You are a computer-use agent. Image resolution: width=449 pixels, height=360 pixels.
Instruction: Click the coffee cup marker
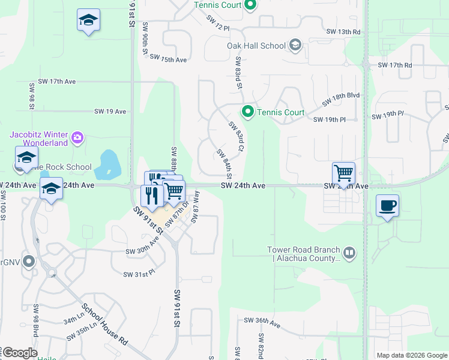click(x=387, y=206)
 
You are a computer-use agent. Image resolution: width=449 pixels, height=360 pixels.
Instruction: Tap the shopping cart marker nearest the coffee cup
click(x=343, y=173)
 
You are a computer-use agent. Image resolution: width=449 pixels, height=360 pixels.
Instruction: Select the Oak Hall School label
click(x=256, y=46)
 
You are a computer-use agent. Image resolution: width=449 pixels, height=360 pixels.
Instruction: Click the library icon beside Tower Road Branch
click(x=349, y=254)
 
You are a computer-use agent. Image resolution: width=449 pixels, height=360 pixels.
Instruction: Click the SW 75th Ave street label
click(x=169, y=59)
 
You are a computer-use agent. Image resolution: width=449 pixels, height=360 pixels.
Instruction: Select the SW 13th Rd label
click(x=343, y=31)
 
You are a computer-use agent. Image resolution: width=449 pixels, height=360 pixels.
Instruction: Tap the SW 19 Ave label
click(x=110, y=112)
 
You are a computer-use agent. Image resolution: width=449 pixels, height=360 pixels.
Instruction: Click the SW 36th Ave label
click(x=262, y=322)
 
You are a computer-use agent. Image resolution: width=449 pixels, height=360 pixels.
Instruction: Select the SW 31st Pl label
click(x=139, y=274)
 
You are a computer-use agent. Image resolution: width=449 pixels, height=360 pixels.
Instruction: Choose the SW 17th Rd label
click(x=395, y=65)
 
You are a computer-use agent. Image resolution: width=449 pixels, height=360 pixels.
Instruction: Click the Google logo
click(x=20, y=353)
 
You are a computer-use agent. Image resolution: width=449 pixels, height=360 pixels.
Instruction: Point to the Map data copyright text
click(x=411, y=355)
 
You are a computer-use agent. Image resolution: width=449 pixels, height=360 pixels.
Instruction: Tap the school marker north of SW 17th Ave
click(x=88, y=21)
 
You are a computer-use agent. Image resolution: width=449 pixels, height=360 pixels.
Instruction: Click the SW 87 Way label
click(x=195, y=207)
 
